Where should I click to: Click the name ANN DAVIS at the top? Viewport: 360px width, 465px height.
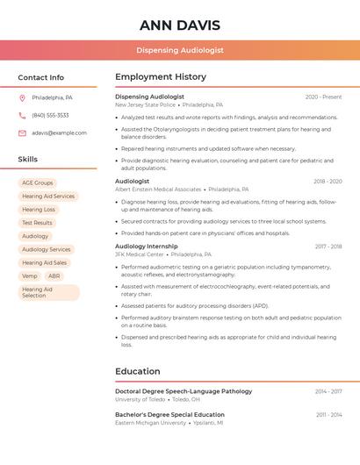[179, 25]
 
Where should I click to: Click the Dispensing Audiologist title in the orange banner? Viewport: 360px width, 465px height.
[179, 50]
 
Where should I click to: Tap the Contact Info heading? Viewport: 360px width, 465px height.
[41, 77]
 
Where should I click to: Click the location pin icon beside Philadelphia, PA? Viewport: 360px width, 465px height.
[22, 97]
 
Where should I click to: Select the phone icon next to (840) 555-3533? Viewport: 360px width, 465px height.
[22, 115]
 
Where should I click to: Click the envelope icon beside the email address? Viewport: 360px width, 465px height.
[22, 132]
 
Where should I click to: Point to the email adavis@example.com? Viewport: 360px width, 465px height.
[59, 132]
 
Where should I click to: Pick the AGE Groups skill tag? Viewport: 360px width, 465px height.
[37, 182]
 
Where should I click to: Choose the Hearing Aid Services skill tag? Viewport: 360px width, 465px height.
[48, 196]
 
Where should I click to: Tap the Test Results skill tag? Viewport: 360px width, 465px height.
[37, 223]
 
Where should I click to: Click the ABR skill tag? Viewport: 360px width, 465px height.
[54, 275]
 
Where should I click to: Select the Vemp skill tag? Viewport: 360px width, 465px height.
[30, 275]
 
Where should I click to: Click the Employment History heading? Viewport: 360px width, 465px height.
[161, 77]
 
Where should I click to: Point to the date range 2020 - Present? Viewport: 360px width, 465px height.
[323, 97]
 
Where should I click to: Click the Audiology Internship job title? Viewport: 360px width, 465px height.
[146, 247]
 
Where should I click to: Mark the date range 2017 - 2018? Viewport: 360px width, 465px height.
[328, 247]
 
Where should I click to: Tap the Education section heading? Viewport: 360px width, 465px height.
[137, 371]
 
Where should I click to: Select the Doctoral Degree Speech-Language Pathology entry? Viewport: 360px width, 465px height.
[184, 391]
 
